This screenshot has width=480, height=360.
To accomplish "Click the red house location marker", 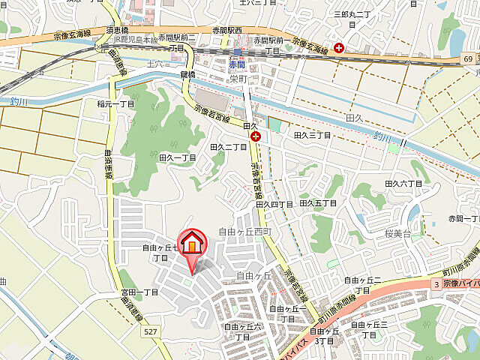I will point(192,244).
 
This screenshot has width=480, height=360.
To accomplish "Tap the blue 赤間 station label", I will point(238,66).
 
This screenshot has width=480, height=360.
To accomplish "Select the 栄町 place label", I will point(238,78).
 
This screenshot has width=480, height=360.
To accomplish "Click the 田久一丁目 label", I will point(177,158).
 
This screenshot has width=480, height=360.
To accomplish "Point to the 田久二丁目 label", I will point(229,148).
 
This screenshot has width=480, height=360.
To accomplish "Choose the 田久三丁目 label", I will point(312,135).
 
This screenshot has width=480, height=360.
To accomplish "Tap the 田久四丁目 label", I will point(274,204).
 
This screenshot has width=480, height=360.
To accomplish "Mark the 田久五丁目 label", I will point(318,202).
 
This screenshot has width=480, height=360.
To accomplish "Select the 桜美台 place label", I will point(397,234).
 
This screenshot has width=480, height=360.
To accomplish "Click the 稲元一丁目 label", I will point(115,104).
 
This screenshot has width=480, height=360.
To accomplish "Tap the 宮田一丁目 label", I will point(139,292).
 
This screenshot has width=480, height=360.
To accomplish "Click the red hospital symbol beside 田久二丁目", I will point(256,136).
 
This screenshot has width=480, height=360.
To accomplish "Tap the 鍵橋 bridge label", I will point(187,75).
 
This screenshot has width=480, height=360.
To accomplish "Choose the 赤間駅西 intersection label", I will point(226,30).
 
